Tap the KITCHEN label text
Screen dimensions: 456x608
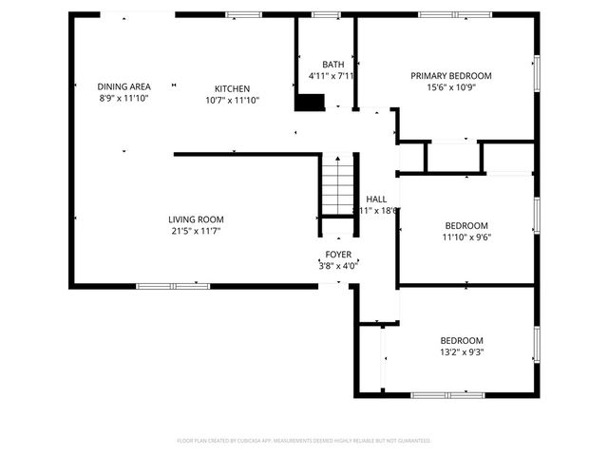pos(233,88)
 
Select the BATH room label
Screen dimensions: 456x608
pos(332,65)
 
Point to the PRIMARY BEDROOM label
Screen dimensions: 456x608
pos(451,76)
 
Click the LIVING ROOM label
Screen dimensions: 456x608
pos(197,219)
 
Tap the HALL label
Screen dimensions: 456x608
pos(376,199)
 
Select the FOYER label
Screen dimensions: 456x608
pos(338,255)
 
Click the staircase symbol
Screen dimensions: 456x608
pos(336,186)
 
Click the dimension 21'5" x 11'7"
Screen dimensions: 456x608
pos(197,232)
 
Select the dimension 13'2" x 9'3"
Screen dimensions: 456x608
pos(461,352)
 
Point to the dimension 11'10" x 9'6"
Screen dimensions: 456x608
pos(466,237)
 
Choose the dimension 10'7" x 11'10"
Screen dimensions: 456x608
pos(233,100)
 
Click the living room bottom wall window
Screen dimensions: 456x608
pos(173,285)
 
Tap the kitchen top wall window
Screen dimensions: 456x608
pos(243,14)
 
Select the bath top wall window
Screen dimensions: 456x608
pos(326,14)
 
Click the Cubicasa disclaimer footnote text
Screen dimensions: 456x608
pos(304,441)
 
